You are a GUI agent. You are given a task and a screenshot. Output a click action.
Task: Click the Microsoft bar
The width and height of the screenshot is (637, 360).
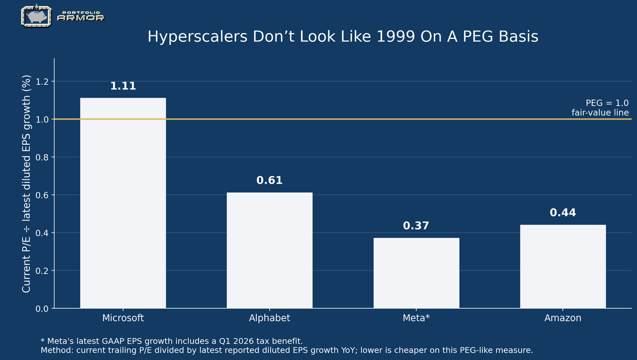(x=123, y=203)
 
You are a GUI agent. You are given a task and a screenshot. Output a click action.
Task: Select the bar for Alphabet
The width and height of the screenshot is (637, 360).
(x=270, y=250)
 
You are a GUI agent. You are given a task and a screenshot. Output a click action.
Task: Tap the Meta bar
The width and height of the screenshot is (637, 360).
(x=417, y=273)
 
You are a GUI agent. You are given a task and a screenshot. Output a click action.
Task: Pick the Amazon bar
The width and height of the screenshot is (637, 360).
(x=563, y=266)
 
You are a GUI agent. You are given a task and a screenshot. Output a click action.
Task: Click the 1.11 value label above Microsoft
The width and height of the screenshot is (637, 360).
(x=123, y=86)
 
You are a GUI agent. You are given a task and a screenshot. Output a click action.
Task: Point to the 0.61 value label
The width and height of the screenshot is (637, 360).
(x=269, y=180)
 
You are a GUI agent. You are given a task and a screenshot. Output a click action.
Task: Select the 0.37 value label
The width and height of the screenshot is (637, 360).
(x=416, y=226)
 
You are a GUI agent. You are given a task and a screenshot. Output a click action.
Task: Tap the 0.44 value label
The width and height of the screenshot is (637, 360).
(x=563, y=213)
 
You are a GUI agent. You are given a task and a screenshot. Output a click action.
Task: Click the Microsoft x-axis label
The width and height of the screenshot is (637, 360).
(x=123, y=318)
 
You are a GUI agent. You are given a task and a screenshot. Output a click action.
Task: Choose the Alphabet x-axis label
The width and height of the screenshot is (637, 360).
(x=270, y=318)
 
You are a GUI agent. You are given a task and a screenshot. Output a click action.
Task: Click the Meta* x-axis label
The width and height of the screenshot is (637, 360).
(x=416, y=318)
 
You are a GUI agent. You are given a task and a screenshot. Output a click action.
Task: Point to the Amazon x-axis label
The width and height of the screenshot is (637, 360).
(x=563, y=318)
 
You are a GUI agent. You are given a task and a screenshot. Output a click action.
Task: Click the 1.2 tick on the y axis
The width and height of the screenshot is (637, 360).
(x=42, y=82)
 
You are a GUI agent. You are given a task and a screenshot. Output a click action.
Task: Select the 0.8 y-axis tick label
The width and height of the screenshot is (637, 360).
(x=42, y=157)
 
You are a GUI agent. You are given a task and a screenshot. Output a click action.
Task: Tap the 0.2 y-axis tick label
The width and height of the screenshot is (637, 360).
(x=42, y=271)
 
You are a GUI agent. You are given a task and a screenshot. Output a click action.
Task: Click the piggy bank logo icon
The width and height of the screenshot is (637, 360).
(x=36, y=16)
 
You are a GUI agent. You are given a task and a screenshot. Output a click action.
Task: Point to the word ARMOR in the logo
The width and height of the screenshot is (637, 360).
(x=81, y=18)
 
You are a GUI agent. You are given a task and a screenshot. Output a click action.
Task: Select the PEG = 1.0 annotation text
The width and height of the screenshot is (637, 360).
(x=607, y=103)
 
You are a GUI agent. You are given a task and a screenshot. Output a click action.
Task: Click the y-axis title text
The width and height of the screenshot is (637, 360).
(x=26, y=184)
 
